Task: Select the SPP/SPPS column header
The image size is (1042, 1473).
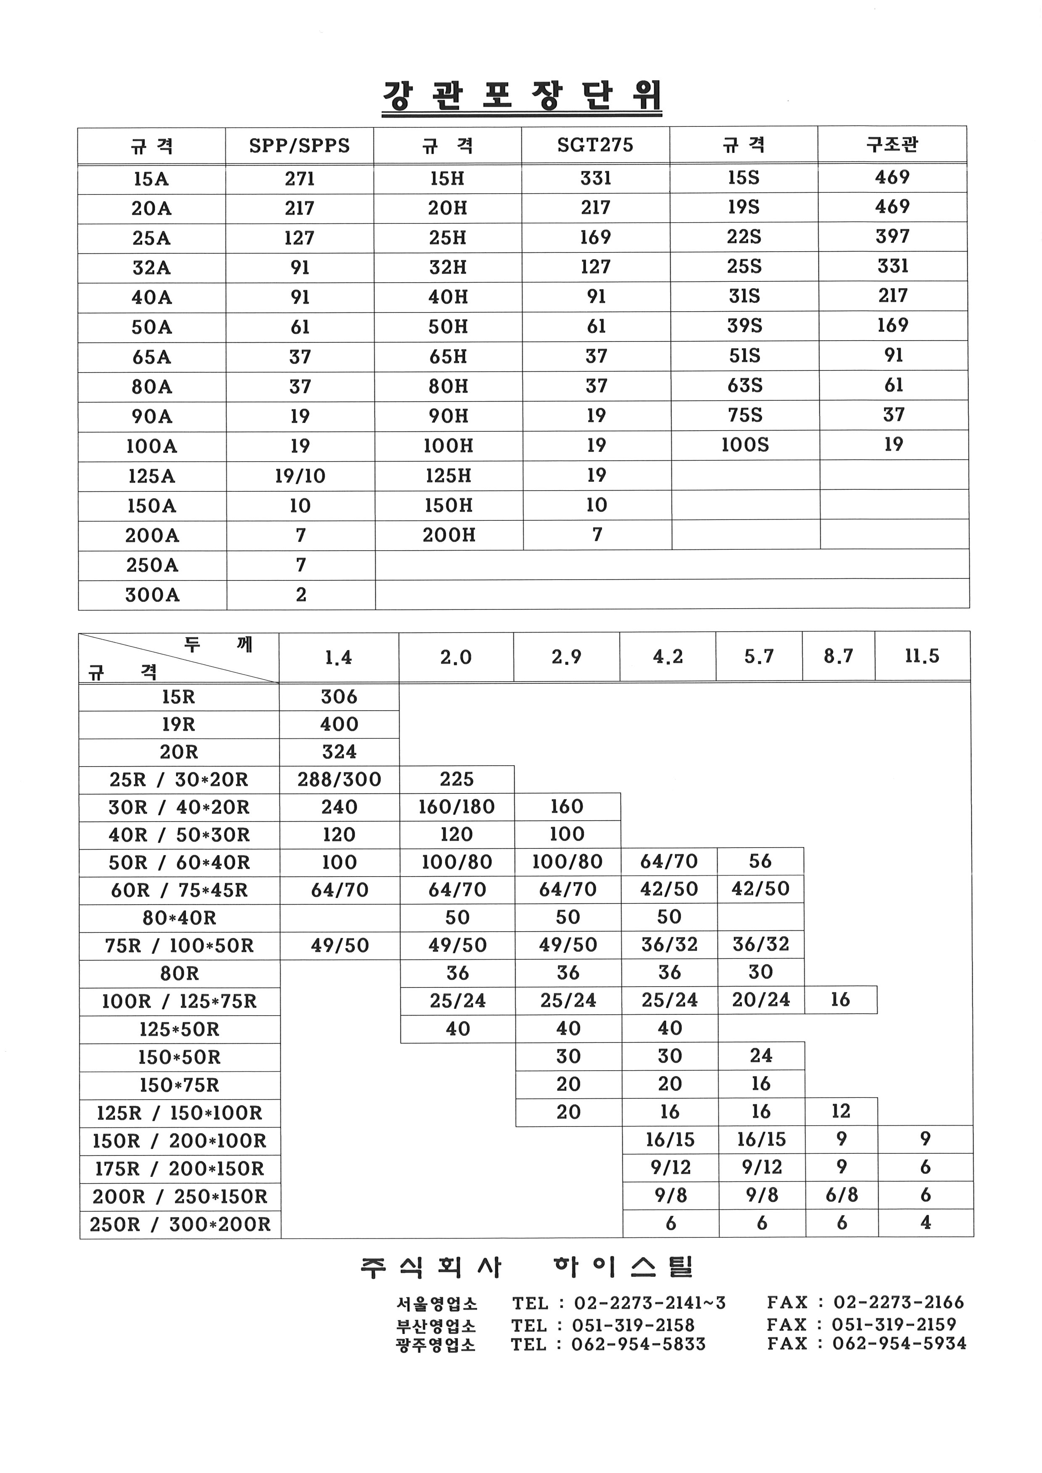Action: [x=300, y=146]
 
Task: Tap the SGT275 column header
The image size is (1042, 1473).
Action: [x=595, y=145]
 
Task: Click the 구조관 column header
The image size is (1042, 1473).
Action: [x=892, y=144]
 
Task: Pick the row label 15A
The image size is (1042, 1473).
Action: [x=151, y=179]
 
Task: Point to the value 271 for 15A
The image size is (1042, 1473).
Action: [x=300, y=179]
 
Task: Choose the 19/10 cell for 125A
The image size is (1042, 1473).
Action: [x=300, y=476]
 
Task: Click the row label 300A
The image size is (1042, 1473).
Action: [x=152, y=595]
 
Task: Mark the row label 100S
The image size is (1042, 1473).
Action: [x=744, y=445]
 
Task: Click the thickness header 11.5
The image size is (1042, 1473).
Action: [x=922, y=656]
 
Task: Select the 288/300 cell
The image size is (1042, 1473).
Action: [x=339, y=780]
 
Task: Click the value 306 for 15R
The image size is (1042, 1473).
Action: [x=339, y=697]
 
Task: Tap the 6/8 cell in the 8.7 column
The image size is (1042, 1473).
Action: [x=841, y=1195]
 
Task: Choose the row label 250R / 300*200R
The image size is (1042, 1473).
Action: [x=180, y=1225]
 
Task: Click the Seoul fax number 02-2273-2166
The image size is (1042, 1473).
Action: [x=898, y=1302]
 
